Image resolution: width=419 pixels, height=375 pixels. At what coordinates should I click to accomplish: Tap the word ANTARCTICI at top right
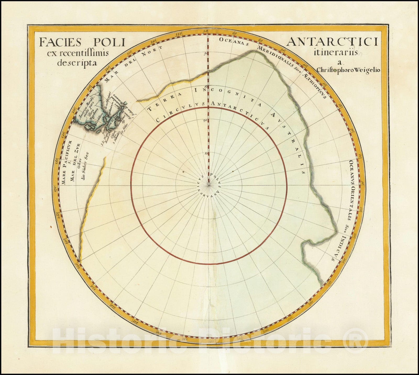click(x=332, y=42)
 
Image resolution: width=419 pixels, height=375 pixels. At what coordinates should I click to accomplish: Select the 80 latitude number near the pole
click(x=206, y=154)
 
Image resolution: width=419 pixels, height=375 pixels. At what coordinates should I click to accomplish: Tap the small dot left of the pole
click(x=183, y=172)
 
